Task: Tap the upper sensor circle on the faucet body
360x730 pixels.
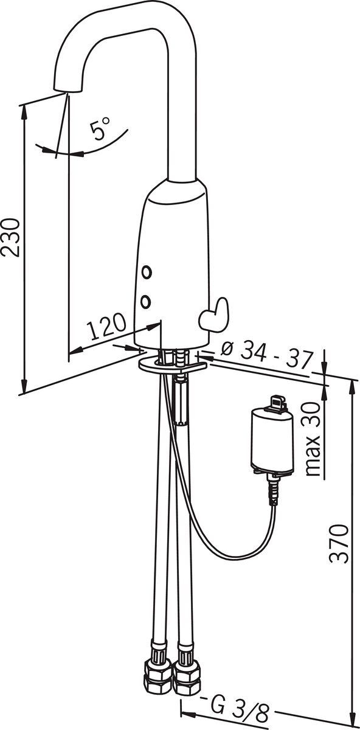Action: point(147,272)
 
